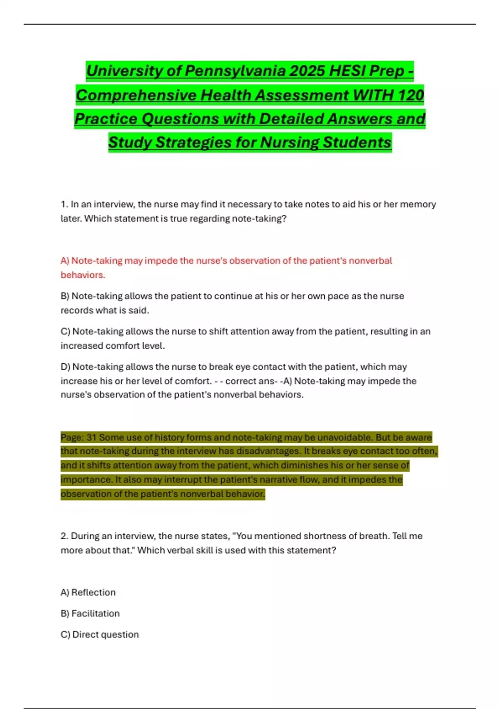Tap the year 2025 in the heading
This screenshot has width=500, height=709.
306,71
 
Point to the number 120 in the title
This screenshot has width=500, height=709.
410,95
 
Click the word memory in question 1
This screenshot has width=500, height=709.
418,204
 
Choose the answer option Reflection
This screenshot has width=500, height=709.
93,592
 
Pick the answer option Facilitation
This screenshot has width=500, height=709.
95,613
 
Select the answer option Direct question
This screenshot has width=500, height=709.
105,634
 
